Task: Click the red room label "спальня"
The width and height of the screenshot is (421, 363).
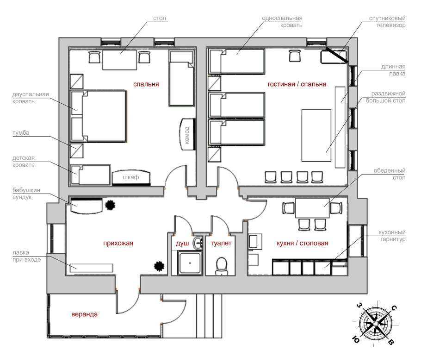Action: [x=146, y=84]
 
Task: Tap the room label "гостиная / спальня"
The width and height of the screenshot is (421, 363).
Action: [x=297, y=84]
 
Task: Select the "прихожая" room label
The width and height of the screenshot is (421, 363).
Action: [x=118, y=243]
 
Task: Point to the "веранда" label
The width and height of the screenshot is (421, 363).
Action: [x=84, y=314]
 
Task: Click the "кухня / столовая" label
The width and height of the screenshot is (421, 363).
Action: [x=302, y=243]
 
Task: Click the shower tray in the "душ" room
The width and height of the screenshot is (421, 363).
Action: [x=190, y=263]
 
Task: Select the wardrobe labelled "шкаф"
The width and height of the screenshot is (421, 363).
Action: [x=131, y=177]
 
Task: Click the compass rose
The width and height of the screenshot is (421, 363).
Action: [x=376, y=323]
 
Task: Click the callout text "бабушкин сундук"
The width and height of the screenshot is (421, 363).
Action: [x=26, y=194]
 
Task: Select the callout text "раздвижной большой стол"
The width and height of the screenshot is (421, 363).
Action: [x=385, y=97]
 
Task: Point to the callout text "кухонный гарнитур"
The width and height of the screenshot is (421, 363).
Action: [x=392, y=236]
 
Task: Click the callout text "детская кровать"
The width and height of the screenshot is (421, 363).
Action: [x=23, y=161]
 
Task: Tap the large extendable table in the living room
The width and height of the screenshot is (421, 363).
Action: [x=316, y=135]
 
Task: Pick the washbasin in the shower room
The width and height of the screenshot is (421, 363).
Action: [x=198, y=243]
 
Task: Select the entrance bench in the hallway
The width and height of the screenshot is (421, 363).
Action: [x=91, y=268]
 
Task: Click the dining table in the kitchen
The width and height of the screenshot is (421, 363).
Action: [x=312, y=208]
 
